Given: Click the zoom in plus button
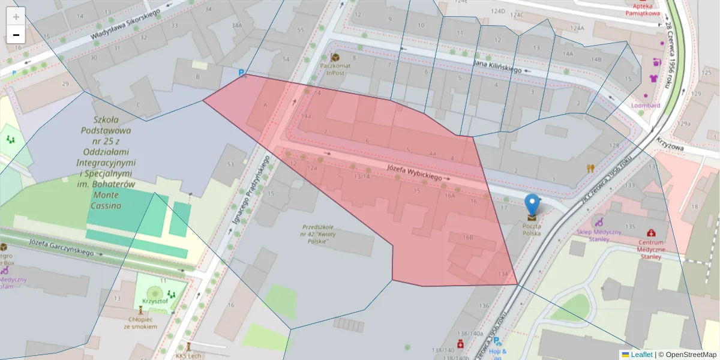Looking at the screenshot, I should [x=16, y=16].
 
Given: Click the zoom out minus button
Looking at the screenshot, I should [x=16, y=35].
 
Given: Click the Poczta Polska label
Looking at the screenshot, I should [x=532, y=229].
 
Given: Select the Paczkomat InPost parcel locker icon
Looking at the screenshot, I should [x=335, y=58].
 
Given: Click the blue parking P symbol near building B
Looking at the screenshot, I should [x=242, y=73].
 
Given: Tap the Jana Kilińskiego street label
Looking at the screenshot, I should [x=497, y=66].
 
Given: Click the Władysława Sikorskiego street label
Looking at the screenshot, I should [x=125, y=25].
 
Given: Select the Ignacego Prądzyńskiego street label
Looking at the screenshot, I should [x=250, y=192].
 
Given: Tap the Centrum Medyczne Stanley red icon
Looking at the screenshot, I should [x=651, y=233].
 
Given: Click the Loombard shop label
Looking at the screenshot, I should [x=646, y=106].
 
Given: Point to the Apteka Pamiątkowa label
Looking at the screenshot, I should [x=642, y=9].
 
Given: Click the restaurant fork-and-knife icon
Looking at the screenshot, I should [x=590, y=169].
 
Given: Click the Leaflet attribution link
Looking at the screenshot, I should [x=641, y=355].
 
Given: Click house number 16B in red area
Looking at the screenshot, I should [x=468, y=238].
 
